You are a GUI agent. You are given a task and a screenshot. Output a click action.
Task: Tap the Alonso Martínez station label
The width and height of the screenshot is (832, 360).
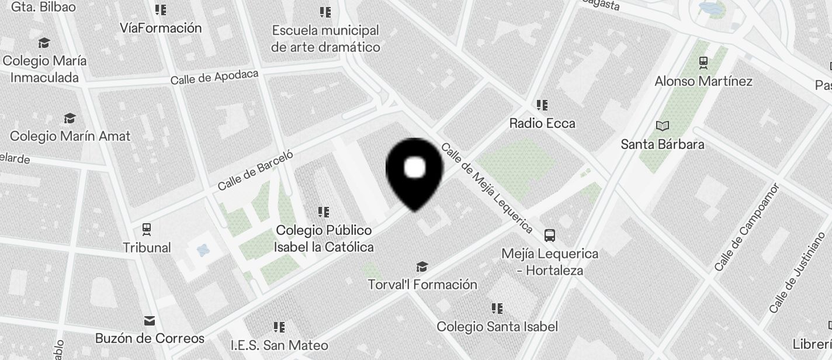(703, 81)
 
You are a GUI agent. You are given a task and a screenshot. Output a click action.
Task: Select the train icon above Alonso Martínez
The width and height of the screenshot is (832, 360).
(703, 62)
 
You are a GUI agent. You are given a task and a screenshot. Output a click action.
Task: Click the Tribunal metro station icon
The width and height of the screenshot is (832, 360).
(147, 229)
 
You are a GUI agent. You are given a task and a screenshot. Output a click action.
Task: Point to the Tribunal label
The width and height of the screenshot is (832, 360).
(147, 248)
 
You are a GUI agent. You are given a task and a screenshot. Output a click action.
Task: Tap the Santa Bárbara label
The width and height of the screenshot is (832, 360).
(663, 144)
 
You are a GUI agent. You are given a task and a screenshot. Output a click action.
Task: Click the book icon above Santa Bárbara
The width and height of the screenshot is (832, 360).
(663, 126)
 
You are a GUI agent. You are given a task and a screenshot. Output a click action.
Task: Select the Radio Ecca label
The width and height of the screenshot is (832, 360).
(542, 123)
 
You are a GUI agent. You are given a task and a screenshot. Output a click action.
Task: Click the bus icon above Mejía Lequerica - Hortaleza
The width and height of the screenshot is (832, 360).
(550, 236)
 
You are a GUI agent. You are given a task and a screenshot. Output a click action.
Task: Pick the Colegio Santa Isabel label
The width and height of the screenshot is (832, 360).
(497, 327)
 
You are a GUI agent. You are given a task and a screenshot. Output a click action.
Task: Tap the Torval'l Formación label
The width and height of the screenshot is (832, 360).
(422, 285)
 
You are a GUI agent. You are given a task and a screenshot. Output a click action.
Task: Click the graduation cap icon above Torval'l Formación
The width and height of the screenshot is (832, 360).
(422, 267)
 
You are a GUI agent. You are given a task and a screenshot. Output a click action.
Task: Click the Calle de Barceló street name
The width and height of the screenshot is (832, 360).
(255, 170)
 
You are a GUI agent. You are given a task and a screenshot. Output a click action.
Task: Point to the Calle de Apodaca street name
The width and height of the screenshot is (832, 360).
(214, 77)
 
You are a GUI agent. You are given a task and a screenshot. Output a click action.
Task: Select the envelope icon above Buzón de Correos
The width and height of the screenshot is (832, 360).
(150, 320)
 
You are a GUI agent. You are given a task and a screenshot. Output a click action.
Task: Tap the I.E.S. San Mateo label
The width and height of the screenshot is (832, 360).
(279, 345)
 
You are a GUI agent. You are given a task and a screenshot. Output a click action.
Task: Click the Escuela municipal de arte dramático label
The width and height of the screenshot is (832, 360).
(325, 39)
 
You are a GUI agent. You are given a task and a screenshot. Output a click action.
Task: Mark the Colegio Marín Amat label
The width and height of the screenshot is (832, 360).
(70, 136)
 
